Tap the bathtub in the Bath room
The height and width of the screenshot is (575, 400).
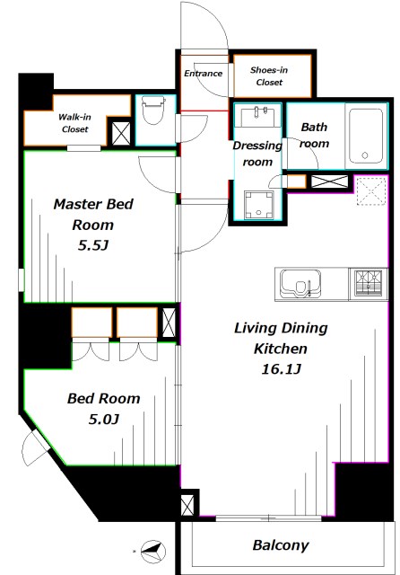click(x=366, y=136)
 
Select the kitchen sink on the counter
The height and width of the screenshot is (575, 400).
click(x=300, y=284)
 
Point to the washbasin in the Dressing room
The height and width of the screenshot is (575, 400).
click(x=258, y=116)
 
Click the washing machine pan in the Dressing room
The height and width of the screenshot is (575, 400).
click(x=258, y=205)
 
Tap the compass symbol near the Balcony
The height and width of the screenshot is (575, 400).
click(x=153, y=551)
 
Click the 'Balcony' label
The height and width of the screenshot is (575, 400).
click(x=281, y=545)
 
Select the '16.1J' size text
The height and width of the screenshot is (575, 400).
click(x=281, y=369)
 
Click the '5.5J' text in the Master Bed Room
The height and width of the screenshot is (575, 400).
click(x=93, y=245)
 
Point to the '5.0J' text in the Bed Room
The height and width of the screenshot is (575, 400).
click(x=104, y=419)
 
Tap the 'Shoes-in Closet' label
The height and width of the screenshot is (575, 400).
click(x=269, y=75)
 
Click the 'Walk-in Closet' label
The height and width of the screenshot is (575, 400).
click(x=74, y=123)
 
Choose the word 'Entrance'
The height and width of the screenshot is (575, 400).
click(x=203, y=74)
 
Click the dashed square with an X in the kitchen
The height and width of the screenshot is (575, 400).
click(x=370, y=190)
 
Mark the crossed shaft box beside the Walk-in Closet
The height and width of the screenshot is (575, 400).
click(x=121, y=134)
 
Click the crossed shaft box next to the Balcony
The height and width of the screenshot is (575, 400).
click(x=187, y=506)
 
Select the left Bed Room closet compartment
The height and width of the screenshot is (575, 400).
click(x=91, y=323)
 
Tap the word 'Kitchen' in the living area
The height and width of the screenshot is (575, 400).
click(x=281, y=349)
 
